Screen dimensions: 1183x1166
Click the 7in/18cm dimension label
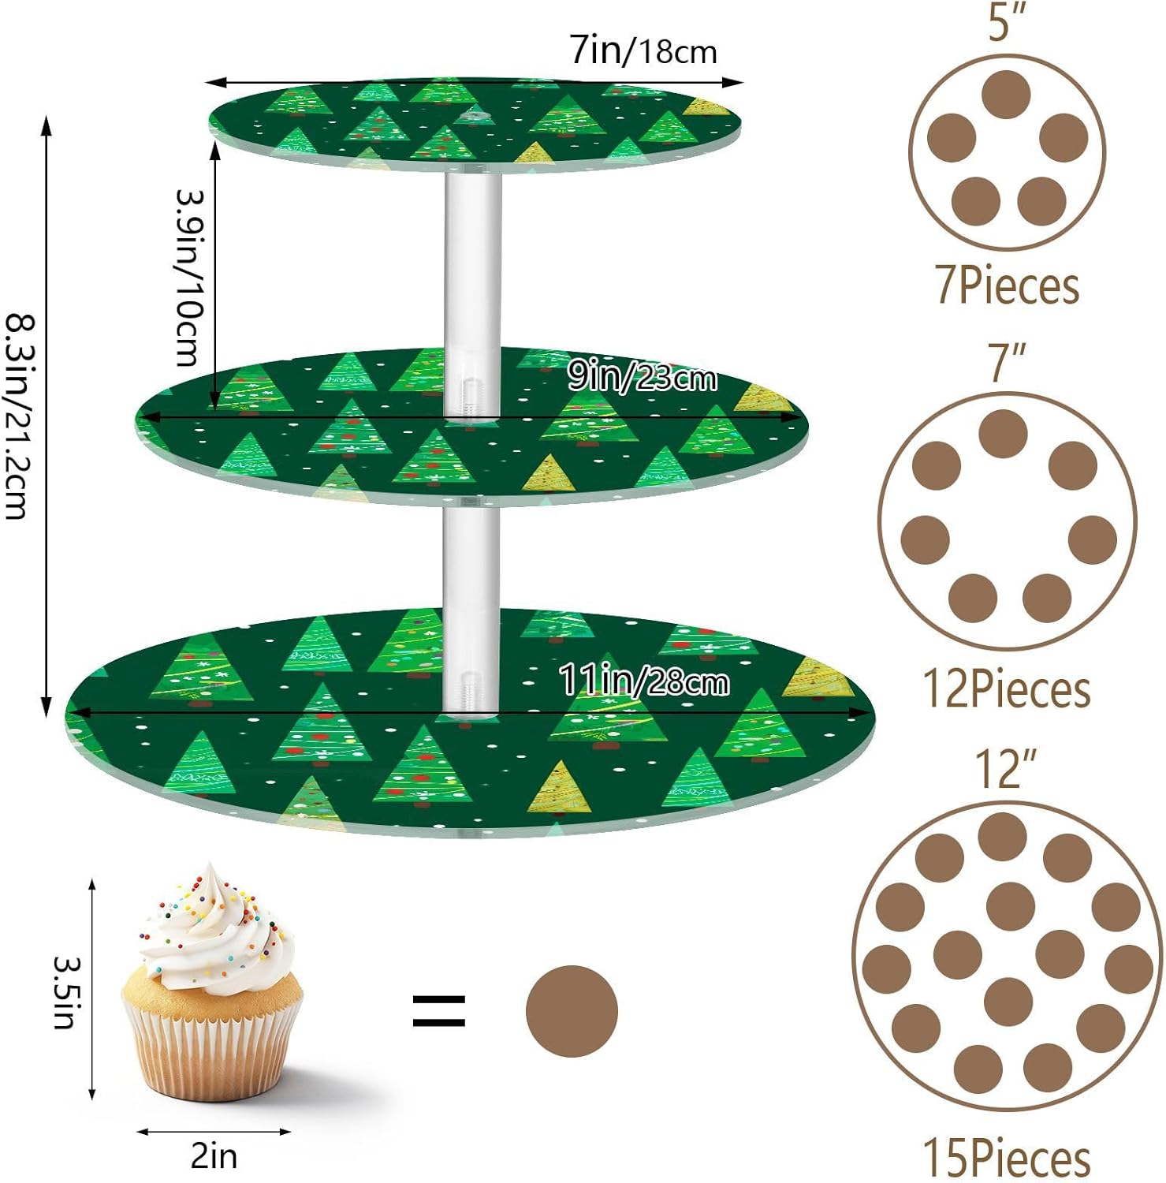[x=643, y=51]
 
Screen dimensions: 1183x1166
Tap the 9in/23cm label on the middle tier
[x=642, y=378]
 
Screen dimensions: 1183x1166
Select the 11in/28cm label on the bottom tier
[x=643, y=680]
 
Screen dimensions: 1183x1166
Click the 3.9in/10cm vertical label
[x=189, y=278]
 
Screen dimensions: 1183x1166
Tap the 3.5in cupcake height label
[x=65, y=992]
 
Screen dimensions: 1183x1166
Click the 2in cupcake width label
[x=214, y=1156]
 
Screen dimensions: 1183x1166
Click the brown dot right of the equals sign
[x=572, y=1010]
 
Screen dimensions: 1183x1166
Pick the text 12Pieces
[x=1007, y=689]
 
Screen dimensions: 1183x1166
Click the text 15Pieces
[x=1007, y=1157]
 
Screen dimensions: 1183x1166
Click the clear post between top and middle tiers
[x=472, y=292]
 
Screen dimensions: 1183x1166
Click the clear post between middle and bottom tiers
[x=470, y=607]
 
